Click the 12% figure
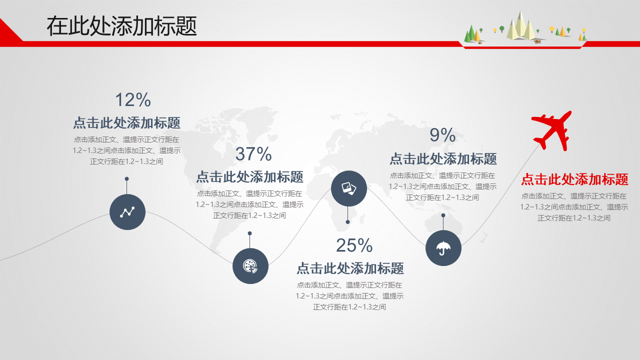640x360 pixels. tap(133, 99)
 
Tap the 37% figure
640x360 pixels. tap(253, 154)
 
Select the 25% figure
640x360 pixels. tap(354, 245)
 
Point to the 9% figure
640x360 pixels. tap(442, 135)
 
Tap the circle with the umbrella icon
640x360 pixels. tap(443, 248)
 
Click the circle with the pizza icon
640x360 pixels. tap(250, 266)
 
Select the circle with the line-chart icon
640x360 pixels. tap(127, 212)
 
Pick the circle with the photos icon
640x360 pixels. tap(349, 188)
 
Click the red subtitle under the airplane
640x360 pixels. tap(574, 179)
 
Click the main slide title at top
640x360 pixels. tap(121, 26)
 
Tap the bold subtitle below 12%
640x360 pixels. tap(127, 123)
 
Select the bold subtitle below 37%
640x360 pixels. tap(249, 177)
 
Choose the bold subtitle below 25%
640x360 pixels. tap(350, 268)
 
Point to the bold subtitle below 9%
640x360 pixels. tap(443, 159)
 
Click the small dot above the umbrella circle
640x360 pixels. tap(443, 215)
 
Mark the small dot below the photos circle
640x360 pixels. tap(347, 222)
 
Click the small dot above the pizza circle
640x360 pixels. tap(249, 233)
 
